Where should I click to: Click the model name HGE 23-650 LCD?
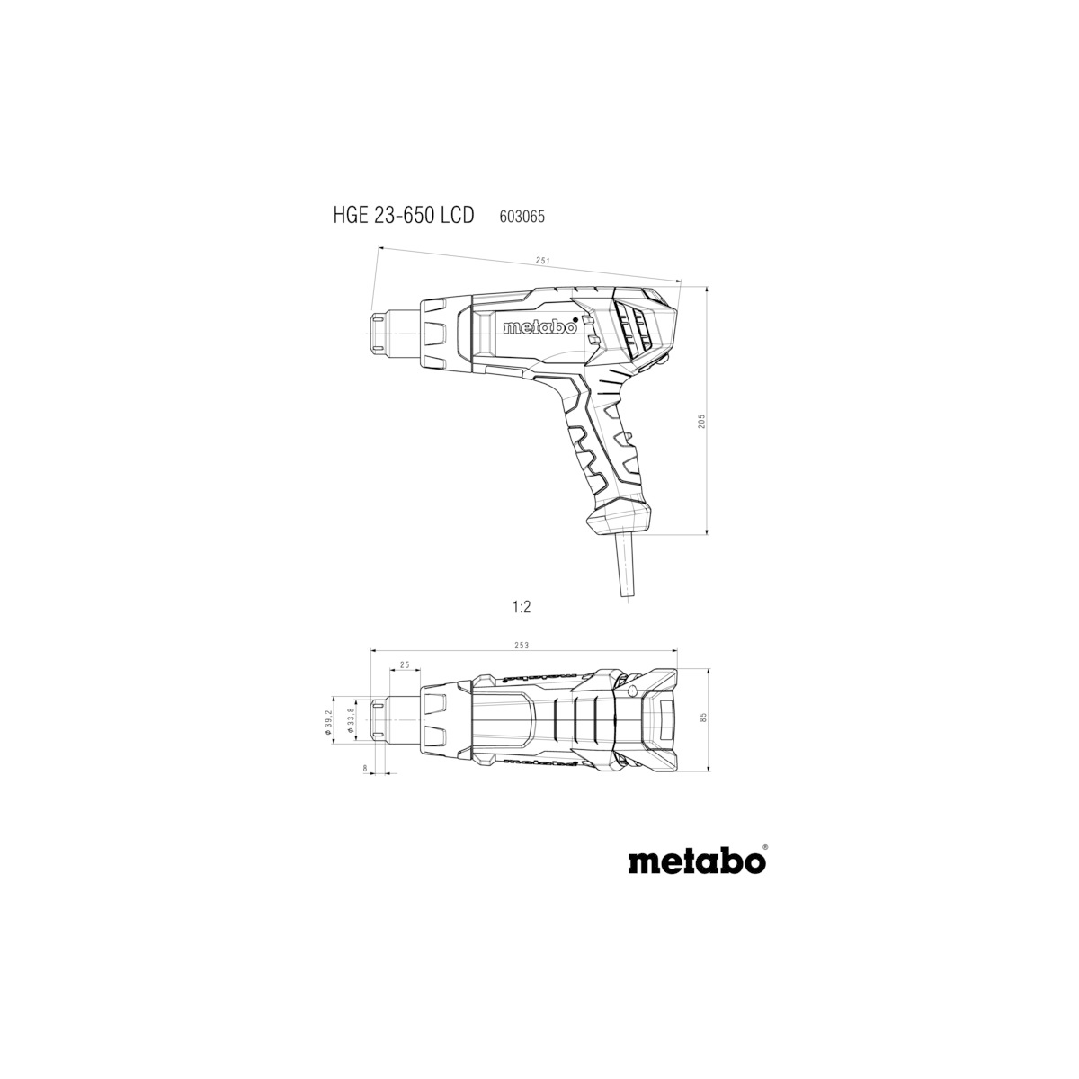(404, 216)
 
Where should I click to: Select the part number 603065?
(522, 217)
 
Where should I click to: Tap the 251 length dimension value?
(541, 261)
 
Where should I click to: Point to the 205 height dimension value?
(701, 421)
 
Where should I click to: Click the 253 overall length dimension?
(522, 646)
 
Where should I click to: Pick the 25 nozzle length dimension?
(405, 665)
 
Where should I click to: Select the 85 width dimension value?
(703, 718)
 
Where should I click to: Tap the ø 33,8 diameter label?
(351, 720)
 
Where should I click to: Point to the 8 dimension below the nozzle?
(365, 769)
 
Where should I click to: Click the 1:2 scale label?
(522, 607)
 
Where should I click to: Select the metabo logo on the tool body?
(539, 327)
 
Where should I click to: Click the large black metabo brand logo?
(697, 877)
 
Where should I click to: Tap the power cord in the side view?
(627, 566)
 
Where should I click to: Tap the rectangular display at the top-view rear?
(666, 720)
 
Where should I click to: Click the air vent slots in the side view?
(635, 331)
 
